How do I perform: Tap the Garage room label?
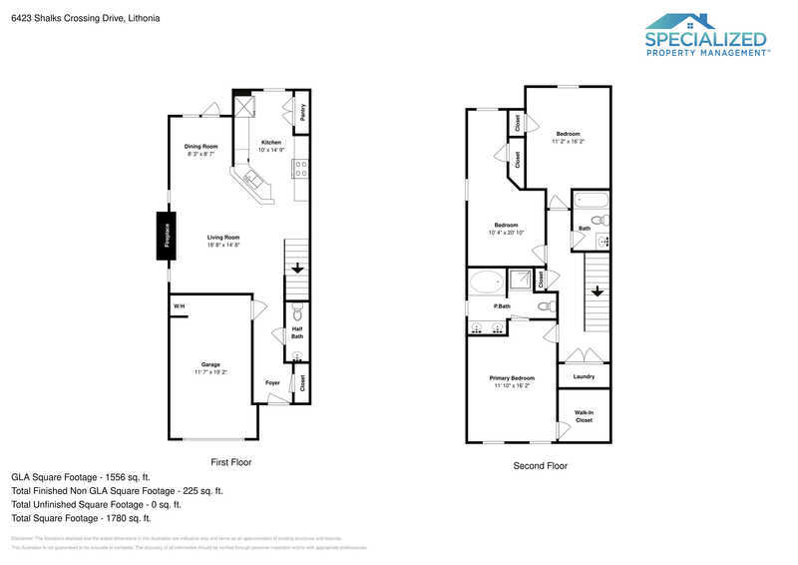coord(210,365)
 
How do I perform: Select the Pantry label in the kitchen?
coord(302,116)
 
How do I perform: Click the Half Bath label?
coord(297,332)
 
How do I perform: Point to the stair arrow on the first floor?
coord(297,268)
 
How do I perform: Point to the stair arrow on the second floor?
coord(597,291)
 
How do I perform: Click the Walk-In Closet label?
coord(584,416)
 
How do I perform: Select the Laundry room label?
coord(584,376)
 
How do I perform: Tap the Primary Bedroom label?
coord(512,377)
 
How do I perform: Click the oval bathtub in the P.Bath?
coord(488,282)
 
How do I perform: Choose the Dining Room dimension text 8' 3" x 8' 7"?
coord(200,154)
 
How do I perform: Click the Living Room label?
coord(223,237)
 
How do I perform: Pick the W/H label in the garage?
coord(179,305)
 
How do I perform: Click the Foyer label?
coord(272,382)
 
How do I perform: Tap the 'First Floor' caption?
coord(231,463)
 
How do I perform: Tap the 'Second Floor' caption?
coord(540,466)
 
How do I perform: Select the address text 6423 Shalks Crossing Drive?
coord(70,18)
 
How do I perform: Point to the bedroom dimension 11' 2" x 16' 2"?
coord(568,141)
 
